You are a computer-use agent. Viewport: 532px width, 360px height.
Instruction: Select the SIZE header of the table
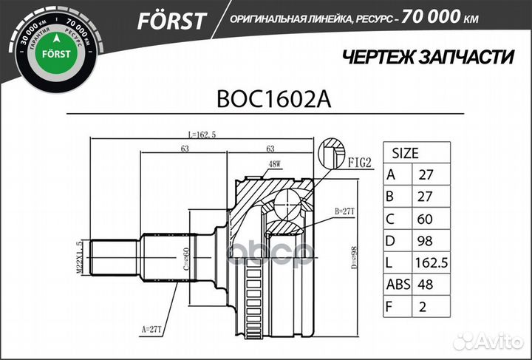pos(405,154)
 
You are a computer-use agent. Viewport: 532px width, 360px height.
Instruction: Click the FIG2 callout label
pos(359,164)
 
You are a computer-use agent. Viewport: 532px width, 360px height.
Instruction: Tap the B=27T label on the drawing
pos(345,211)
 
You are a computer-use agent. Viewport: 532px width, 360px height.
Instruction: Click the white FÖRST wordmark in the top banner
pos(170,20)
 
